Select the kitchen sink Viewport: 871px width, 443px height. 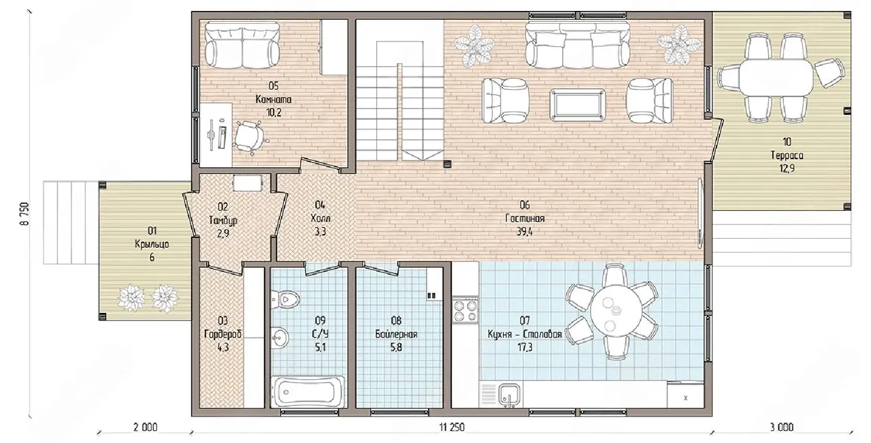pyautogui.click(x=510, y=394)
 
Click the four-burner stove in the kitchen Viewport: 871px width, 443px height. pyautogui.click(x=465, y=310)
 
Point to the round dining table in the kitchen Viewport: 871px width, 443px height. pyautogui.click(x=616, y=310)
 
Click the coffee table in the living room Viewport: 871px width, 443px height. pyautogui.click(x=578, y=104)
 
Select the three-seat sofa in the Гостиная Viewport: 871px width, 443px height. pyautogui.click(x=578, y=46)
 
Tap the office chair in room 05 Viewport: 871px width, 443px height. pyautogui.click(x=249, y=136)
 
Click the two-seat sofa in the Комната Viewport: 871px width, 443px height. pyautogui.click(x=242, y=45)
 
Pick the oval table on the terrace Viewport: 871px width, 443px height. pyautogui.click(x=780, y=77)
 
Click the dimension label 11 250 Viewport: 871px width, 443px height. pyautogui.click(x=453, y=427)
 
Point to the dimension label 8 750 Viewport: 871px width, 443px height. pyautogui.click(x=24, y=214)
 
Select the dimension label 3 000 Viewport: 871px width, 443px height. pyautogui.click(x=782, y=427)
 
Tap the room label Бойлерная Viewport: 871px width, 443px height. pyautogui.click(x=396, y=334)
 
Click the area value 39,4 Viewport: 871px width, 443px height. pyautogui.click(x=525, y=232)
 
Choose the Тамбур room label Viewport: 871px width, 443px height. pyautogui.click(x=223, y=220)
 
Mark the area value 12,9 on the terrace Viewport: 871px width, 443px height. pyautogui.click(x=787, y=168)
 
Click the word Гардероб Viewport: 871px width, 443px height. pyautogui.click(x=223, y=334)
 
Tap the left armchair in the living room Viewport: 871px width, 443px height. pyautogui.click(x=505, y=101)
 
